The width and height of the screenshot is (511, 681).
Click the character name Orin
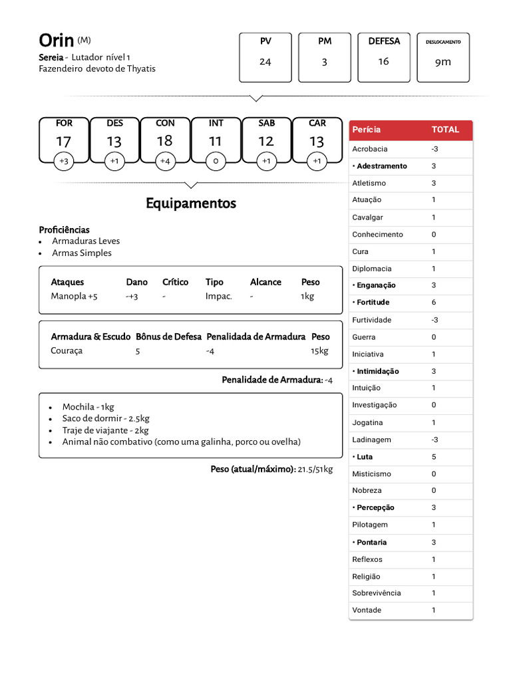click(57, 41)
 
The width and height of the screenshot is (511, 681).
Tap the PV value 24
click(265, 62)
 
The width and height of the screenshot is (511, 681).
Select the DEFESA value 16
click(384, 62)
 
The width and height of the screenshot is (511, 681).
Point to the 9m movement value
click(443, 62)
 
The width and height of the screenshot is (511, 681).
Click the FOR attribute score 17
click(64, 141)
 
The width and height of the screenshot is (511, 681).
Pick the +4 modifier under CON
click(165, 161)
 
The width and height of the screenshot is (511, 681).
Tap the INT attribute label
click(216, 123)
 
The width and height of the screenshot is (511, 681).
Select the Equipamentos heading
click(191, 204)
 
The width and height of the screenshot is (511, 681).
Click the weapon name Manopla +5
click(74, 296)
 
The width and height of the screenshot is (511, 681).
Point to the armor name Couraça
click(67, 350)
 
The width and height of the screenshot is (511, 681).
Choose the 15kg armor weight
click(319, 350)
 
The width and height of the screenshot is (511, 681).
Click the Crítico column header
click(176, 282)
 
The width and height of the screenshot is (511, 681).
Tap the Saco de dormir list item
click(106, 418)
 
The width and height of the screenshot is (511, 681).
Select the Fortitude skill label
click(373, 303)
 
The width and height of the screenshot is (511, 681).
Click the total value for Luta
click(434, 457)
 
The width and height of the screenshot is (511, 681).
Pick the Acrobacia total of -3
click(434, 149)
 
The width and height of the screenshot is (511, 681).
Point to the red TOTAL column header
click(445, 130)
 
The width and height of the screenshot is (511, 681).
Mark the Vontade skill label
click(367, 610)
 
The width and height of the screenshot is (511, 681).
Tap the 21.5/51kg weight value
click(315, 470)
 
